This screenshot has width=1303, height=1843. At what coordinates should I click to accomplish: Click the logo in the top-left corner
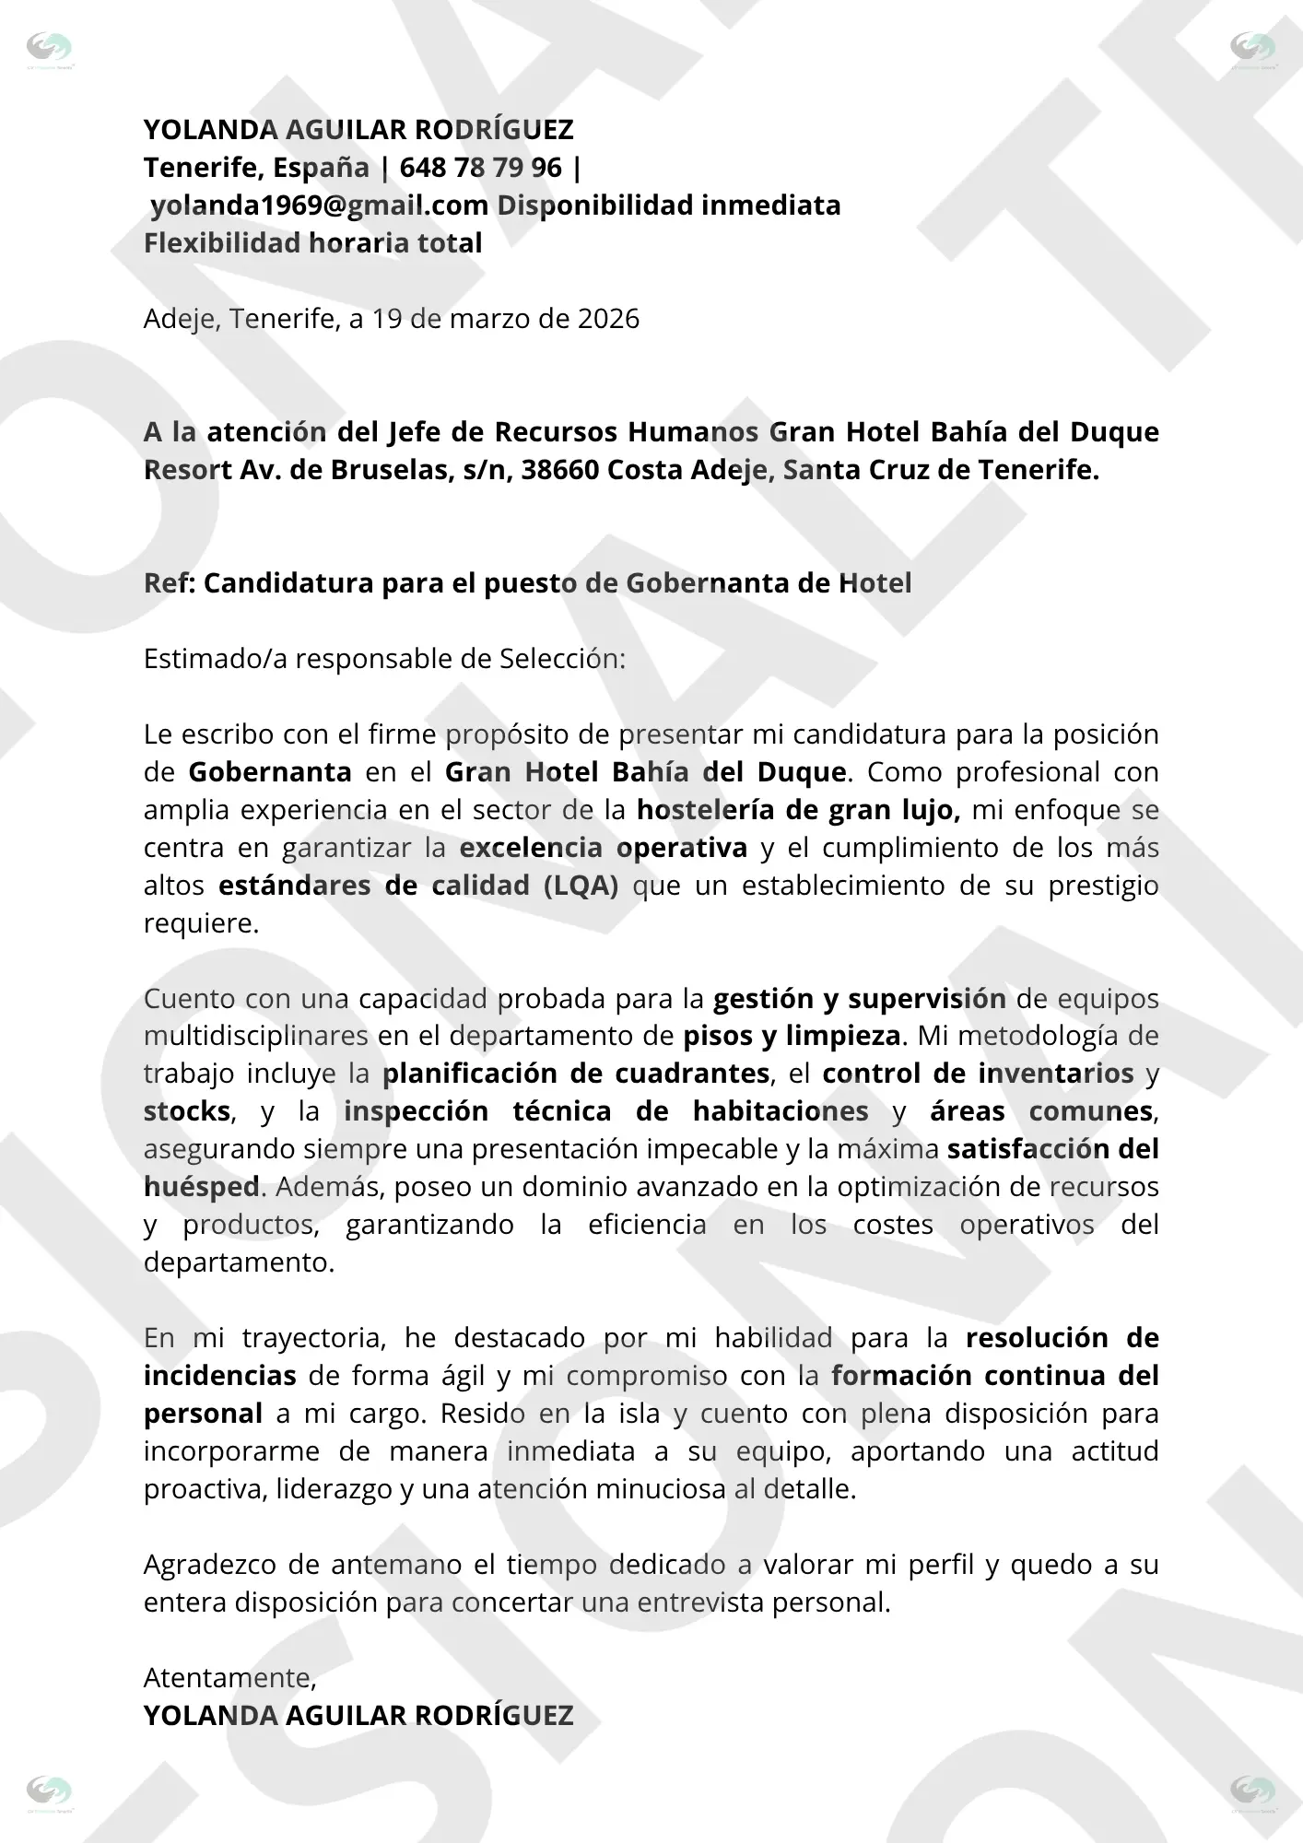coord(50,49)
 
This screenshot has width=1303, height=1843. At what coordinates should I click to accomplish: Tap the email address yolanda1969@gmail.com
coord(319,205)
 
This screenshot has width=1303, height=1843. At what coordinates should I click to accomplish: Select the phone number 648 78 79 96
coord(480,168)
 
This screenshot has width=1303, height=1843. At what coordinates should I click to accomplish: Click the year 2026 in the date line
coord(608,319)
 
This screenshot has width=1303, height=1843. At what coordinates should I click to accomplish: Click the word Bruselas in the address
coord(380,470)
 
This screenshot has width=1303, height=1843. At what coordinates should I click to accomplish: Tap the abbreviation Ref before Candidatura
coord(165,583)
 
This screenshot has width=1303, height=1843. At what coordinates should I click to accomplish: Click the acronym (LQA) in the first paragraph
coord(581,886)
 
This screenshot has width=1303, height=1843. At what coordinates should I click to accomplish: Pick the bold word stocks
coord(186,1111)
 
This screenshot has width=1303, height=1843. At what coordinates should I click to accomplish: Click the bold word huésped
coord(202,1187)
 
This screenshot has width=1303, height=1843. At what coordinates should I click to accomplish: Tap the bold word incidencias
coord(219,1376)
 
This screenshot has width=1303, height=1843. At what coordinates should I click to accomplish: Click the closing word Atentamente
coord(229,1678)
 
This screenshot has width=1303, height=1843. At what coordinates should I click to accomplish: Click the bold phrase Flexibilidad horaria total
coord(312,243)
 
